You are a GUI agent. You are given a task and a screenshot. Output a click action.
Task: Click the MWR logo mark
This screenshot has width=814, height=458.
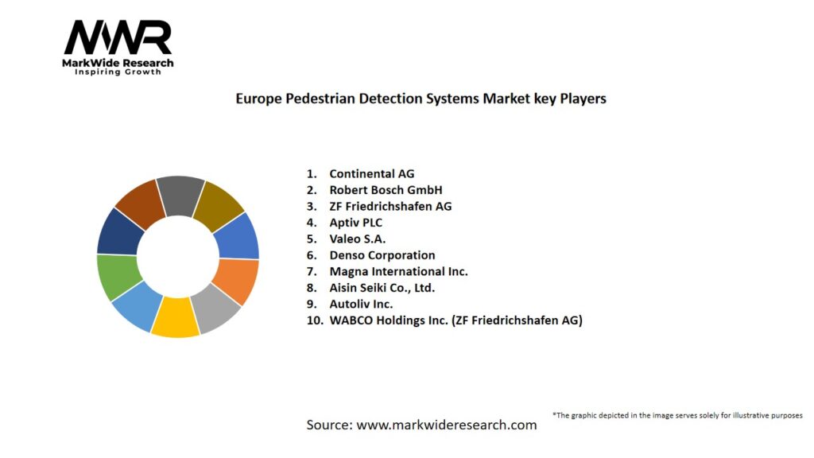click(x=118, y=37)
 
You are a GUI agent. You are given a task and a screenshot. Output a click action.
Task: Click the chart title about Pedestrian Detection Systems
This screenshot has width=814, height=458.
click(x=421, y=99)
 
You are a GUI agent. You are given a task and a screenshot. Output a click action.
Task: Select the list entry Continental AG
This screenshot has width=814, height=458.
click(x=371, y=173)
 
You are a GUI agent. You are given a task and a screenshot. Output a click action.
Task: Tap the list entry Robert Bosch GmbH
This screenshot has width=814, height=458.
click(x=386, y=190)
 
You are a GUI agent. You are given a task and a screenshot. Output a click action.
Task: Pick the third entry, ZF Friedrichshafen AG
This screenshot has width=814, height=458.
click(x=390, y=206)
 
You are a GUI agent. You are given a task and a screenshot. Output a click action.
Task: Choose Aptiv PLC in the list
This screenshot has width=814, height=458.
click(x=355, y=223)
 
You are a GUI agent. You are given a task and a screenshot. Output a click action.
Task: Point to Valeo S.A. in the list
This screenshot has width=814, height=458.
click(x=357, y=239)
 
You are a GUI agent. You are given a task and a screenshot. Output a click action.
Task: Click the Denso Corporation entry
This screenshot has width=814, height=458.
click(x=382, y=255)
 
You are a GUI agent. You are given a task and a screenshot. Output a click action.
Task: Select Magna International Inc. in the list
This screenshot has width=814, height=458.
click(x=398, y=271)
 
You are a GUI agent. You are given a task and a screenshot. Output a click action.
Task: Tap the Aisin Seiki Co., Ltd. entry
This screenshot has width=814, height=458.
click(x=382, y=288)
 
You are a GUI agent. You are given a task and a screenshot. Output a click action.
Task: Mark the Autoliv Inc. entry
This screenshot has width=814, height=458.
click(x=361, y=304)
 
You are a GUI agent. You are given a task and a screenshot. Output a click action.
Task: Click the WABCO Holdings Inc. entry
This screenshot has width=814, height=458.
click(x=455, y=320)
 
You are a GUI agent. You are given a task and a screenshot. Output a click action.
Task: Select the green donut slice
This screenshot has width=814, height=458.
click(x=118, y=276)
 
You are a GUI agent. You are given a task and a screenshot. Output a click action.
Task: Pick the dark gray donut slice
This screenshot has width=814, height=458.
click(x=181, y=196)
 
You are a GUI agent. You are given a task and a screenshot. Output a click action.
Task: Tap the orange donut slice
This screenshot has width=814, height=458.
click(x=235, y=281)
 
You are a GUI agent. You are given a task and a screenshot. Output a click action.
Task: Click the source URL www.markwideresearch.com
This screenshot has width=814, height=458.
click(x=446, y=425)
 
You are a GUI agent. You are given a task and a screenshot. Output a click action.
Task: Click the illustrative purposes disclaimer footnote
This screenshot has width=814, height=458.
click(x=677, y=415)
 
